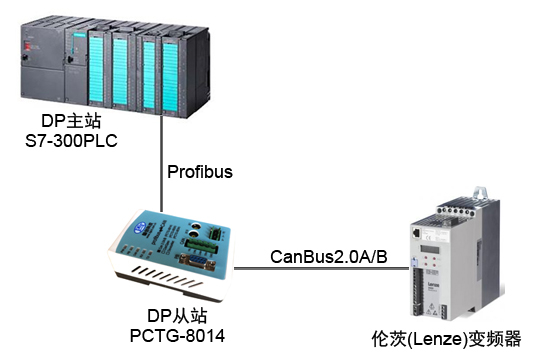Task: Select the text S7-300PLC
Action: tap(72, 142)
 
